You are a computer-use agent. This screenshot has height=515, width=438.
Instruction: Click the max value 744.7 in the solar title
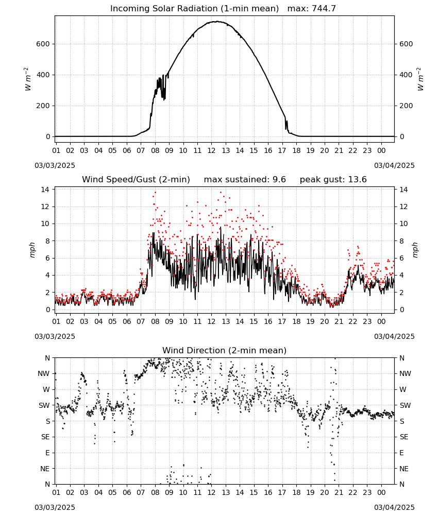click(323, 8)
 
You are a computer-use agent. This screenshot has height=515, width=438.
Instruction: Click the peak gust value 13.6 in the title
click(357, 179)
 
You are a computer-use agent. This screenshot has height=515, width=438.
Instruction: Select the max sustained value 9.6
click(279, 179)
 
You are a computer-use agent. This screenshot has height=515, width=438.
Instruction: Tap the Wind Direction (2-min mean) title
click(225, 350)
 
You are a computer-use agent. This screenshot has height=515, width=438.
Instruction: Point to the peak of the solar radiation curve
click(217, 21)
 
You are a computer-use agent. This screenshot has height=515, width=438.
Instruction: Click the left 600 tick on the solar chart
click(43, 44)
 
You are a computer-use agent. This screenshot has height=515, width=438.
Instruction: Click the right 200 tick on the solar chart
click(406, 106)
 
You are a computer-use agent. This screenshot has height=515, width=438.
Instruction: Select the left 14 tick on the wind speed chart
click(45, 190)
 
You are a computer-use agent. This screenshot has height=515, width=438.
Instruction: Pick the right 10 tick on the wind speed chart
click(403, 224)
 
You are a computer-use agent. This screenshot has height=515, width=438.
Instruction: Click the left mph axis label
click(32, 250)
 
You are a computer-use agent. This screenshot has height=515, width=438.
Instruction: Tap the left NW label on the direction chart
click(44, 374)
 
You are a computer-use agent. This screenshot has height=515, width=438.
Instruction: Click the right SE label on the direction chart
click(404, 437)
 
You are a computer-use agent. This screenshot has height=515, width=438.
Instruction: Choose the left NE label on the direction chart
click(45, 469)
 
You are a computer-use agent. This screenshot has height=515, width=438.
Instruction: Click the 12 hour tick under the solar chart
click(211, 150)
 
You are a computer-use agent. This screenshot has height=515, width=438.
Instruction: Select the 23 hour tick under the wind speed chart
click(367, 321)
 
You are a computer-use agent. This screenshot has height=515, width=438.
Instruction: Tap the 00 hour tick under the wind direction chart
click(381, 492)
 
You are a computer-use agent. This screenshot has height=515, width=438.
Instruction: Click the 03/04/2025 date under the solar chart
click(394, 165)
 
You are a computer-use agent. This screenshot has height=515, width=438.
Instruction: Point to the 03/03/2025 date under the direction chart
click(55, 507)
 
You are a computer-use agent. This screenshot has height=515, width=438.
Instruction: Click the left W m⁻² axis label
click(28, 79)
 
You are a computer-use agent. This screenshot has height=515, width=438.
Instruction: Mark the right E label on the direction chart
click(401, 453)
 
